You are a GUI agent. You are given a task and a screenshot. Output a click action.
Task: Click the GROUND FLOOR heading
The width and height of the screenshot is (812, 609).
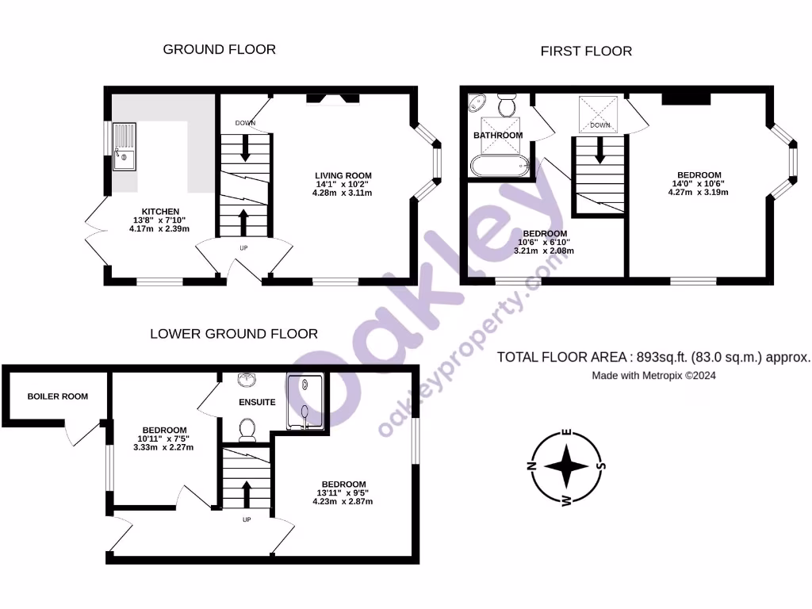pyautogui.click(x=219, y=49)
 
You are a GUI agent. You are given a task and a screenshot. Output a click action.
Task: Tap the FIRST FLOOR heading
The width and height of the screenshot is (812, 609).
pyautogui.click(x=586, y=52)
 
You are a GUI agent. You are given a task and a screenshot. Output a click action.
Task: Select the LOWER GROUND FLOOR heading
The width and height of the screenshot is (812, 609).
pyautogui.click(x=234, y=334)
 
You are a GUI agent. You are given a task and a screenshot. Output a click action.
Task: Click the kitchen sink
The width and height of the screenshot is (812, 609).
pyautogui.click(x=124, y=147)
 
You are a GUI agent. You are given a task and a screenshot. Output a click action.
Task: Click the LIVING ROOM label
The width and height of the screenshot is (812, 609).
pyautogui.click(x=343, y=175)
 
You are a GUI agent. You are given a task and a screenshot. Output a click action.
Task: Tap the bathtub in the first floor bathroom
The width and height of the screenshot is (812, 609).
pyautogui.click(x=499, y=166)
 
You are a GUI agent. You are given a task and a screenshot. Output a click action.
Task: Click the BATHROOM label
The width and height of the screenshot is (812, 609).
pyautogui.click(x=498, y=136)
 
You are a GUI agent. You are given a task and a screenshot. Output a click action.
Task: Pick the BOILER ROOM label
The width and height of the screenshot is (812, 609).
pyautogui.click(x=57, y=396)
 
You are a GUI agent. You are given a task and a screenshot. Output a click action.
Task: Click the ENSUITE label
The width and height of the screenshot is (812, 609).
pyautogui.click(x=257, y=402)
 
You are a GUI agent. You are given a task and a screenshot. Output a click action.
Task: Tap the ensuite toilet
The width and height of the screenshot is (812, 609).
pyautogui.click(x=247, y=429)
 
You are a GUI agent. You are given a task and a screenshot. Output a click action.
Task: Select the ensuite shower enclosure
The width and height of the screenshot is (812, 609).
pyautogui.click(x=306, y=403)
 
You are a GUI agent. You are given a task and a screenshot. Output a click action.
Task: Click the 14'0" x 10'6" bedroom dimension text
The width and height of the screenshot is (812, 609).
pyautogui.click(x=698, y=183)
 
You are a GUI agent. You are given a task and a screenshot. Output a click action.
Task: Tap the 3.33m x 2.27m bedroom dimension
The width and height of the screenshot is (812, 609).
pyautogui.click(x=163, y=447)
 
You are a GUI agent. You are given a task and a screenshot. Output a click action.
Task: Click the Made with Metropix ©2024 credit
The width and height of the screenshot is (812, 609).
pyautogui.click(x=653, y=376)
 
